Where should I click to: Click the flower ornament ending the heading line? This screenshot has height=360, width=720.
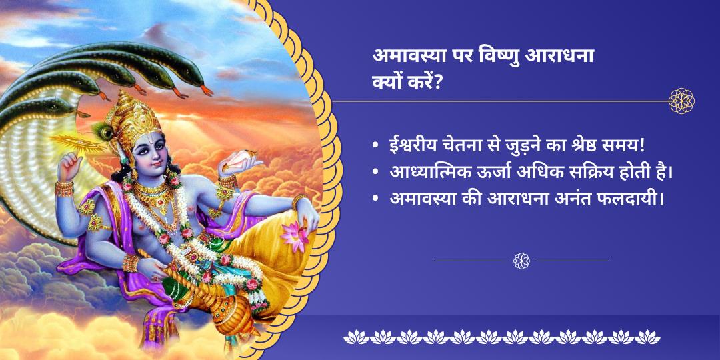click(682, 101)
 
